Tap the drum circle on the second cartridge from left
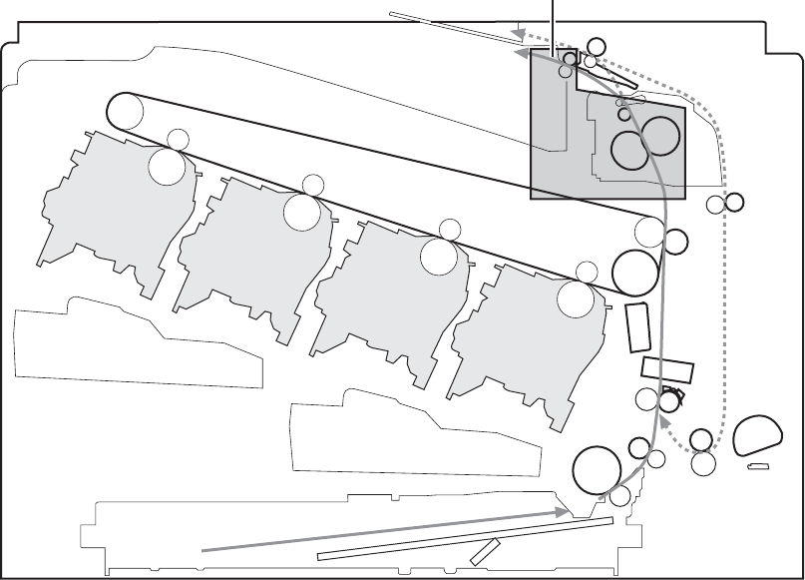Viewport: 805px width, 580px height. [x=301, y=212]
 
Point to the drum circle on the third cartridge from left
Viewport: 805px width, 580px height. [x=438, y=257]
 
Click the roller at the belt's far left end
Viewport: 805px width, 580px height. [x=126, y=109]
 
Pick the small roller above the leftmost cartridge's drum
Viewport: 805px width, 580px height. [x=178, y=139]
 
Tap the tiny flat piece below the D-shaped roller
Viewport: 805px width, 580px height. [x=759, y=466]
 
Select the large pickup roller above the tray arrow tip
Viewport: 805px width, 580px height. [x=597, y=468]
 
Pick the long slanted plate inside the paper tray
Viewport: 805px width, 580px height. [x=464, y=539]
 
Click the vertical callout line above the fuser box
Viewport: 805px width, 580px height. [x=553, y=22]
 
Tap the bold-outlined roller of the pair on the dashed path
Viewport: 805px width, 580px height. [x=734, y=203]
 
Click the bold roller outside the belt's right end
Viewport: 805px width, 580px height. [x=675, y=241]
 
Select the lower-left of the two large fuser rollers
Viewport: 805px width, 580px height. [x=629, y=150]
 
